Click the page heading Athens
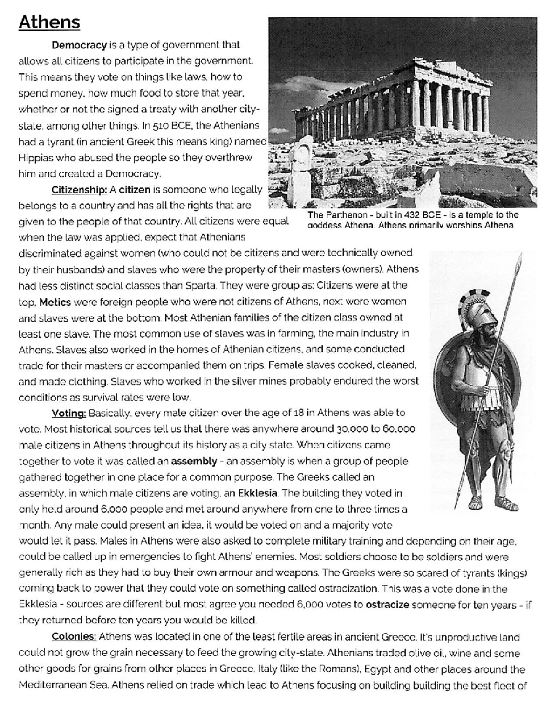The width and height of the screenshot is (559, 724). [x=49, y=22]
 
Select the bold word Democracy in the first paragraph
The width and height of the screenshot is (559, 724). [x=79, y=45]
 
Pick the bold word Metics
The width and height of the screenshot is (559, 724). [x=55, y=302]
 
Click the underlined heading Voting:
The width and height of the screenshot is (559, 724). [x=69, y=413]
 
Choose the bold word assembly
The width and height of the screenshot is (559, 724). [x=194, y=462]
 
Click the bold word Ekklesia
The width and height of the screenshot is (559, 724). [x=258, y=493]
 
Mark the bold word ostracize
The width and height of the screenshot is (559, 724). [x=388, y=605]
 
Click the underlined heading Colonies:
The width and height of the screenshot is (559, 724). [x=74, y=637]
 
